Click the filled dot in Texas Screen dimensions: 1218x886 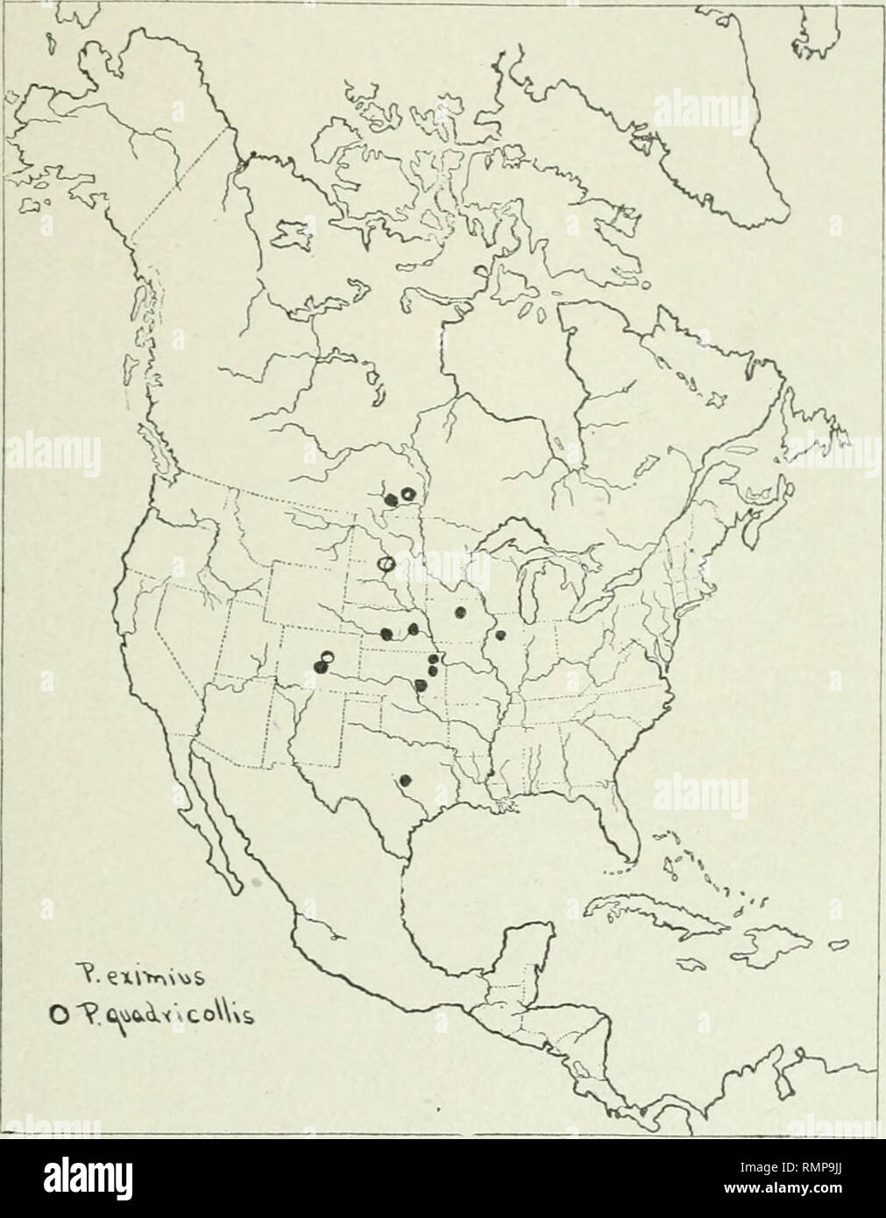click(405, 779)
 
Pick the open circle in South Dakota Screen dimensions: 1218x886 click(383, 563)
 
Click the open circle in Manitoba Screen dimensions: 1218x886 click(407, 497)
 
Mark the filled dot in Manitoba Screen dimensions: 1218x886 click(391, 499)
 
